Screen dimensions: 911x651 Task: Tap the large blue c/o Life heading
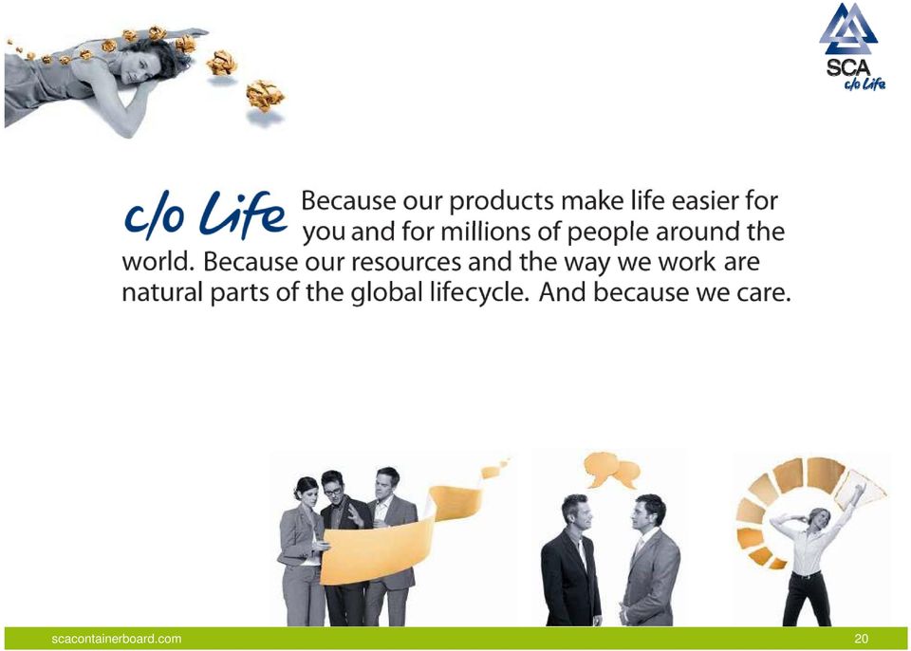[206, 215]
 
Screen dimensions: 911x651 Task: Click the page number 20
[861, 639]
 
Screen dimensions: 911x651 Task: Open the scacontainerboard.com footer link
[116, 639]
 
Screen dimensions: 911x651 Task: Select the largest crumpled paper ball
[265, 95]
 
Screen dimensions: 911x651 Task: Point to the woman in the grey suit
[302, 552]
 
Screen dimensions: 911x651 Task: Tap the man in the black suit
[569, 561]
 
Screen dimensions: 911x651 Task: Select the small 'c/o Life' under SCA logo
[865, 84]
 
